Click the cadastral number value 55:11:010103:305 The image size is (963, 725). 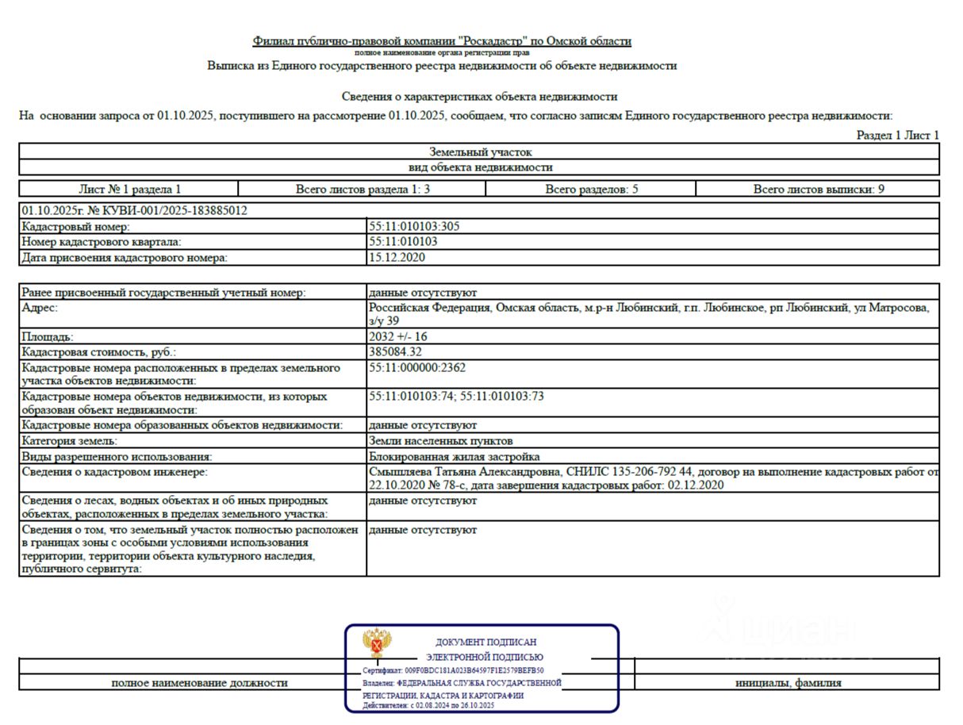[414, 226]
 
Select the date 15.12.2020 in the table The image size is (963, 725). [397, 258]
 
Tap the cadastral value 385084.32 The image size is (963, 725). [395, 351]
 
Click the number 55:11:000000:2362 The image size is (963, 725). [417, 367]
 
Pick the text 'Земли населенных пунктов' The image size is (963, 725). [441, 440]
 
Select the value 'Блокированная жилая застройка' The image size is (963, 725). [455, 457]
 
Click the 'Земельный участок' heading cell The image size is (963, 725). [480, 152]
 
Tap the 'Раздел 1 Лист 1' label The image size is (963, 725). [897, 136]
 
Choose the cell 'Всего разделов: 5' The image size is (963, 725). [591, 190]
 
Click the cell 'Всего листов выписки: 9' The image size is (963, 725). [819, 190]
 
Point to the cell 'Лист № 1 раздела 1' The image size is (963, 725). [129, 190]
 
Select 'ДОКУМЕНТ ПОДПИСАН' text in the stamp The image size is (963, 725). [485, 642]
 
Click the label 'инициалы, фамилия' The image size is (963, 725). [788, 682]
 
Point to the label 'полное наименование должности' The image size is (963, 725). [199, 682]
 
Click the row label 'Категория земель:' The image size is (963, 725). [70, 440]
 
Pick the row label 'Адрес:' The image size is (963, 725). [40, 307]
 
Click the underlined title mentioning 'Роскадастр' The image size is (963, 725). [442, 41]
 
